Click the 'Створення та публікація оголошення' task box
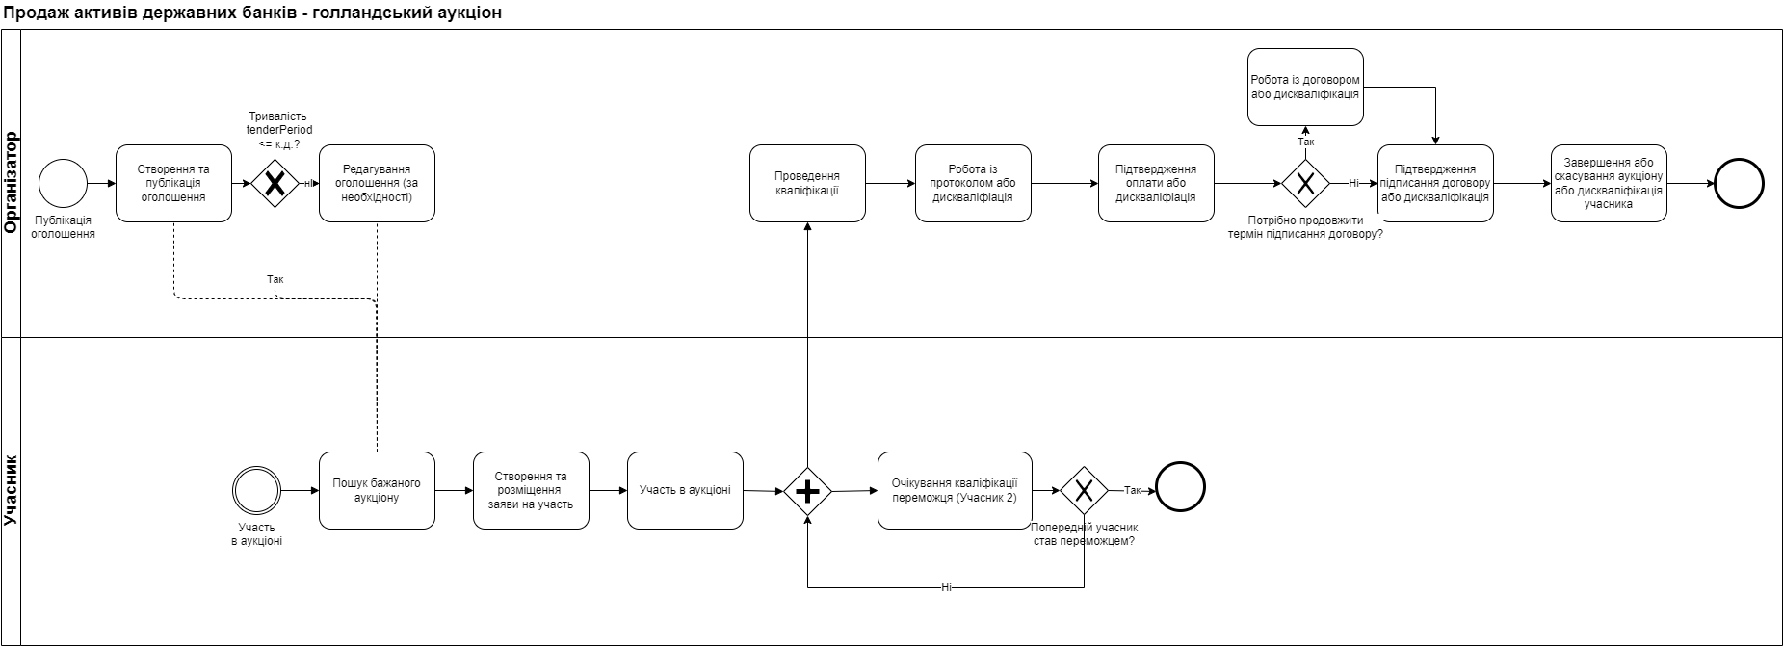173,183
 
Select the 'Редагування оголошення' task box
377,183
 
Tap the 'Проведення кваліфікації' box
807,183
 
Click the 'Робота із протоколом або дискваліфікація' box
973,183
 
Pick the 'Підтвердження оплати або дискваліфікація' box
1156,183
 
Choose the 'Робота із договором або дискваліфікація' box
1305,87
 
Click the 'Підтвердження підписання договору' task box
1435,183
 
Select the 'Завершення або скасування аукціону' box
1609,183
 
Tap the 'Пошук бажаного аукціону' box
377,490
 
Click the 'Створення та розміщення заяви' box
531,490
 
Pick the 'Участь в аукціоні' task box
685,490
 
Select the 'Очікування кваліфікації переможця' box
955,490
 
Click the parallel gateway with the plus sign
807,491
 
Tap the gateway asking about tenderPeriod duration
275,183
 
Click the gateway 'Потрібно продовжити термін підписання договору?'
1305,183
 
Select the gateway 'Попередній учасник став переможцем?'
1084,490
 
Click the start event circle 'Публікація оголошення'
63,183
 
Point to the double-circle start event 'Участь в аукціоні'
256,490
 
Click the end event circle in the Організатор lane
1739,183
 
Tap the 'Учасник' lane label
11,491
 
